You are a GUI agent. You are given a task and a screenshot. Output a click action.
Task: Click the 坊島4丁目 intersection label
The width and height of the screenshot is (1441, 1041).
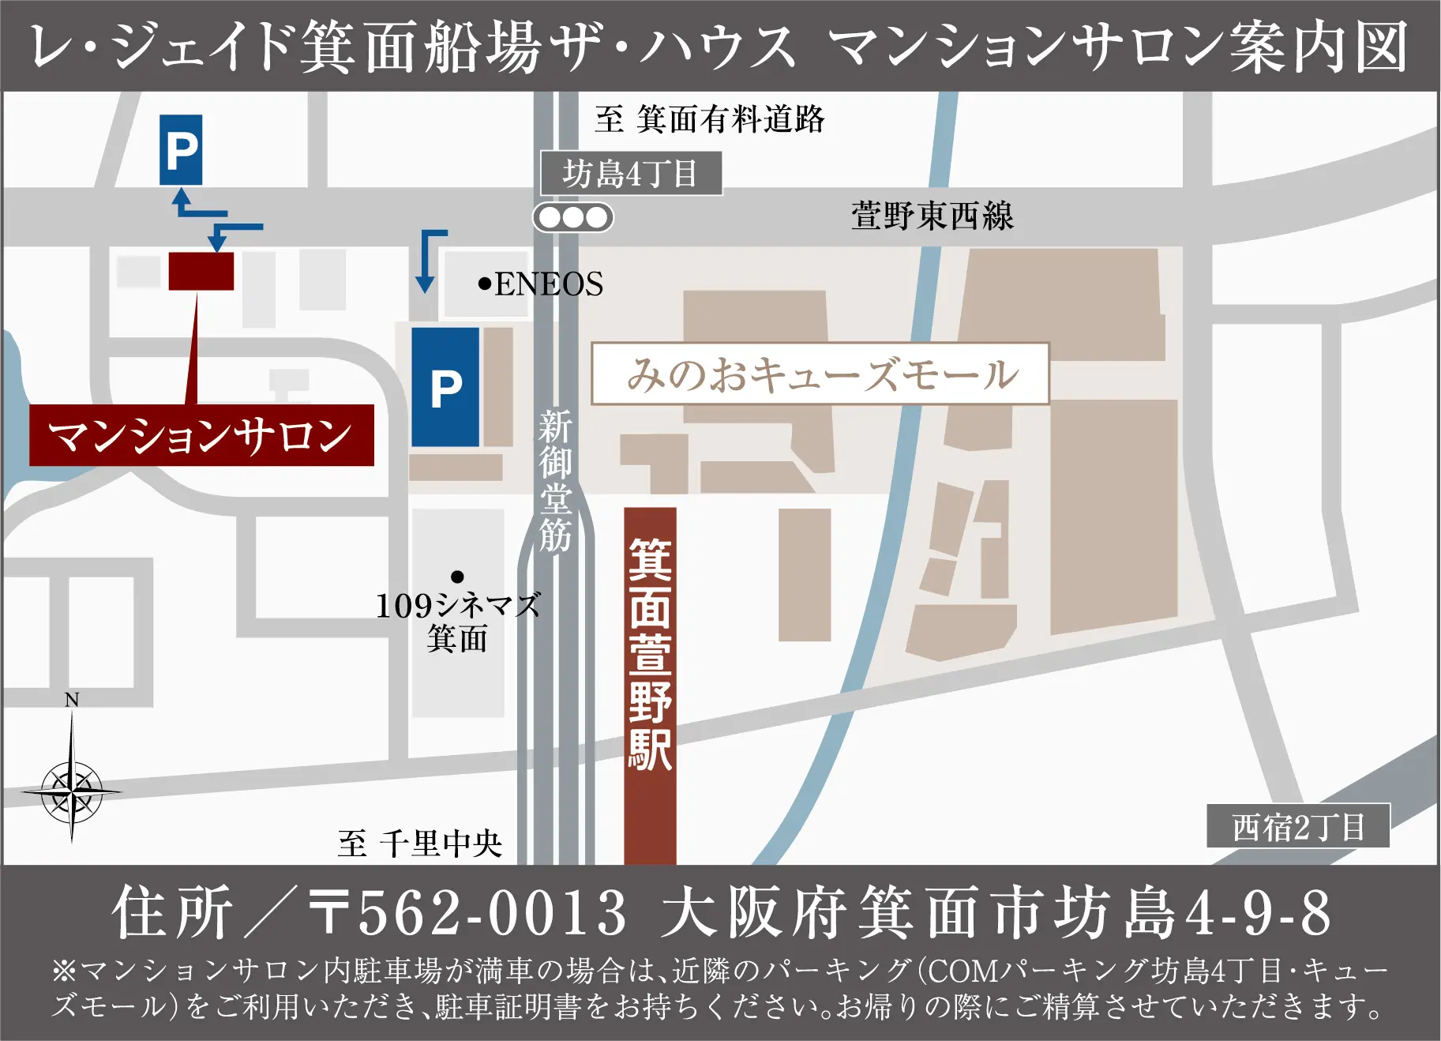point(630,173)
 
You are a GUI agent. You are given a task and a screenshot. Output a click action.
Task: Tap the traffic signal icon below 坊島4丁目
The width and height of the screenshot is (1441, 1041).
point(573,217)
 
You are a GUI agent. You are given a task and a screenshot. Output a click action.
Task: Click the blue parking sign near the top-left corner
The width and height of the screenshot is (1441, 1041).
point(181,149)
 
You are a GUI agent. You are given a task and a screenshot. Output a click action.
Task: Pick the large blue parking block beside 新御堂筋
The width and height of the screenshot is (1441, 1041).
point(445,387)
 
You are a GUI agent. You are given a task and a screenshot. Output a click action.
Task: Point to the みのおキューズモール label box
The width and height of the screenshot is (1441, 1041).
point(820,374)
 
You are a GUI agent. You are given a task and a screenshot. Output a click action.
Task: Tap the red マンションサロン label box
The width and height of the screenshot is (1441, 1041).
point(201,435)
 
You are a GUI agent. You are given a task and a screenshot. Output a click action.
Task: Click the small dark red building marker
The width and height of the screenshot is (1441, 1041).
point(201,271)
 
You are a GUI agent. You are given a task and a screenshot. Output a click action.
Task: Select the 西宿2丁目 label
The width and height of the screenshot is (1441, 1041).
point(1297,827)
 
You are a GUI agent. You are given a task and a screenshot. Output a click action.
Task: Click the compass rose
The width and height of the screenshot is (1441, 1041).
point(72,790)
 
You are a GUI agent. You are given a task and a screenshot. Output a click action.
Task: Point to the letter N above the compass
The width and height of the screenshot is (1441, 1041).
point(72,700)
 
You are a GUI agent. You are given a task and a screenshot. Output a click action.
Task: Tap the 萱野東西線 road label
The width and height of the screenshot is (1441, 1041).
point(932,216)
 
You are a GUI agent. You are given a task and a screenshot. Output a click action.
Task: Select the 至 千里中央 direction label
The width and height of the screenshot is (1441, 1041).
point(419,844)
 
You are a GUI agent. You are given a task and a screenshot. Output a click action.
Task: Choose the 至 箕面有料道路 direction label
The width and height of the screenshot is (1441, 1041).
point(709,119)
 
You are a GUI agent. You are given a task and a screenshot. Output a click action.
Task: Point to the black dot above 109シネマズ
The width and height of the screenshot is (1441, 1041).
point(457,577)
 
